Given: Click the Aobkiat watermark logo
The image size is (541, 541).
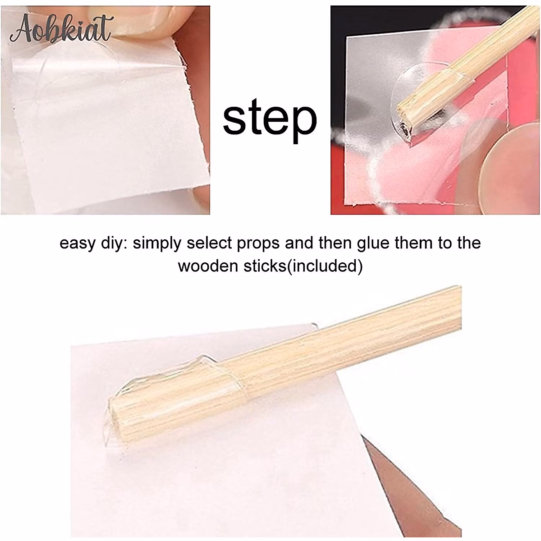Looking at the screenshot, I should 61,29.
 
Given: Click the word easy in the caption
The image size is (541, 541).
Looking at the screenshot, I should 77,243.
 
